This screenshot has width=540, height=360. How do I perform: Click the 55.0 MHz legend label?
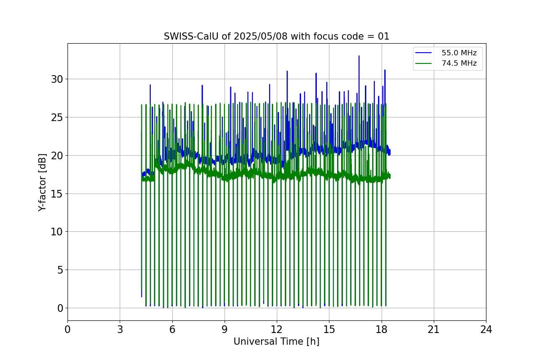tap(459, 53)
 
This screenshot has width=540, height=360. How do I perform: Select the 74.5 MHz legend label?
tap(459, 63)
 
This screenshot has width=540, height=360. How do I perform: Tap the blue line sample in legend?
tap(423, 53)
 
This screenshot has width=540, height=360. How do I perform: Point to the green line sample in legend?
tap(423, 63)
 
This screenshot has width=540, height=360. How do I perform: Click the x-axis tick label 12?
tap(277, 330)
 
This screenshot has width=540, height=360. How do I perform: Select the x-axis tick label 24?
tap(486, 330)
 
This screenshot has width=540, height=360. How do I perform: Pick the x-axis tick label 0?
tap(67, 330)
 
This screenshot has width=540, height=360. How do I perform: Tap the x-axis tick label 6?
tap(172, 330)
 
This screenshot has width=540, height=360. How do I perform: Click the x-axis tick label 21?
tap(434, 330)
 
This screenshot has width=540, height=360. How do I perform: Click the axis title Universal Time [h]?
tap(276, 342)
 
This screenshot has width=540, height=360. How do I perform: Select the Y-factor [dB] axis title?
tap(42, 182)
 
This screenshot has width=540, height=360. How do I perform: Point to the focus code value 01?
tap(383, 36)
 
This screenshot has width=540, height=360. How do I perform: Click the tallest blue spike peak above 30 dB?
tap(359, 56)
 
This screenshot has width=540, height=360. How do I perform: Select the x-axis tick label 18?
tap(382, 330)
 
